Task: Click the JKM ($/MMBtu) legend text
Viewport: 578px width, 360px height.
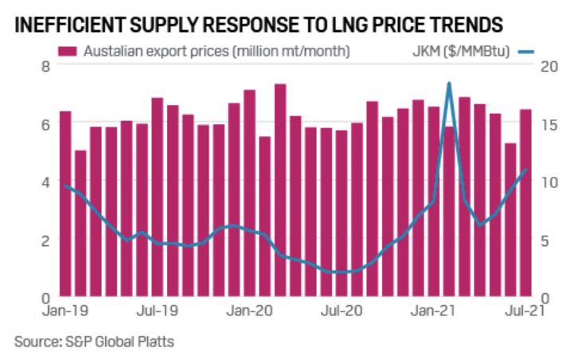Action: click(x=462, y=52)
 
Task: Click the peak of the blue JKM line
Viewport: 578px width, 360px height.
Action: click(x=449, y=83)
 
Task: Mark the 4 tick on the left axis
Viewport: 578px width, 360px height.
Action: click(x=45, y=182)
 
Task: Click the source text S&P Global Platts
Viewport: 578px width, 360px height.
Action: click(x=94, y=342)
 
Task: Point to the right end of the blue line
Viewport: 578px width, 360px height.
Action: click(x=526, y=169)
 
